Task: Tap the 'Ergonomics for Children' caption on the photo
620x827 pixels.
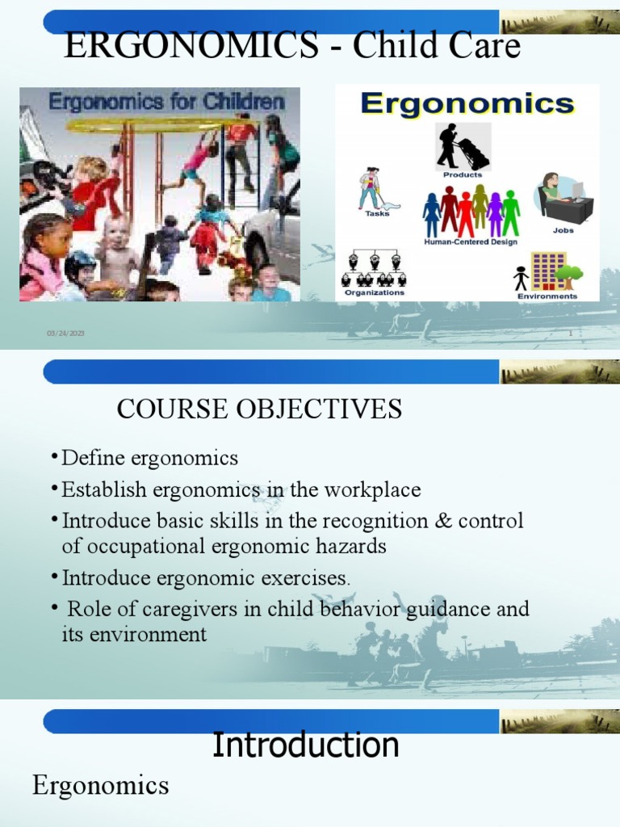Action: coord(167,103)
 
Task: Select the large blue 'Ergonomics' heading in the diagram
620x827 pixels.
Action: coord(467,103)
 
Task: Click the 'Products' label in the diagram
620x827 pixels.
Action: coord(463,174)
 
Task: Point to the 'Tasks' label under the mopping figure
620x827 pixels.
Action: coord(377,214)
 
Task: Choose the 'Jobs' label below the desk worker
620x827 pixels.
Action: coord(563,229)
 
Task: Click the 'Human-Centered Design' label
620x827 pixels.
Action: coord(471,241)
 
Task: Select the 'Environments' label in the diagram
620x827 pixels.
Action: coord(547,296)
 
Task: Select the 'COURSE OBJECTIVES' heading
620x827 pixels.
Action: coord(259,409)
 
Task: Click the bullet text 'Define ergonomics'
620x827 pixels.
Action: coord(150,459)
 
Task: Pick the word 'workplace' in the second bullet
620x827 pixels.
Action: coord(375,490)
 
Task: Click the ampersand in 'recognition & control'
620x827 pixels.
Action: coord(442,521)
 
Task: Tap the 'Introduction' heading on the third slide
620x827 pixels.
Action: coord(305,745)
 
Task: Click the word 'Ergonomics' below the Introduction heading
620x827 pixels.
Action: coord(101,785)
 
